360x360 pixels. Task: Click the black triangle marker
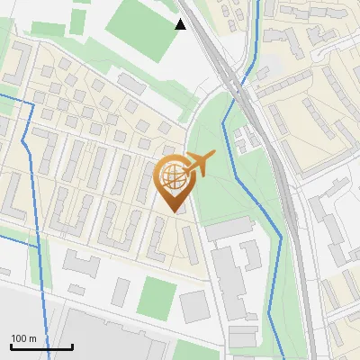[181, 24]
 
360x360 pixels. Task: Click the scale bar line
[41, 347]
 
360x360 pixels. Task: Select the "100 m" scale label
[23, 338]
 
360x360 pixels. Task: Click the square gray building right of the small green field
[193, 307]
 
